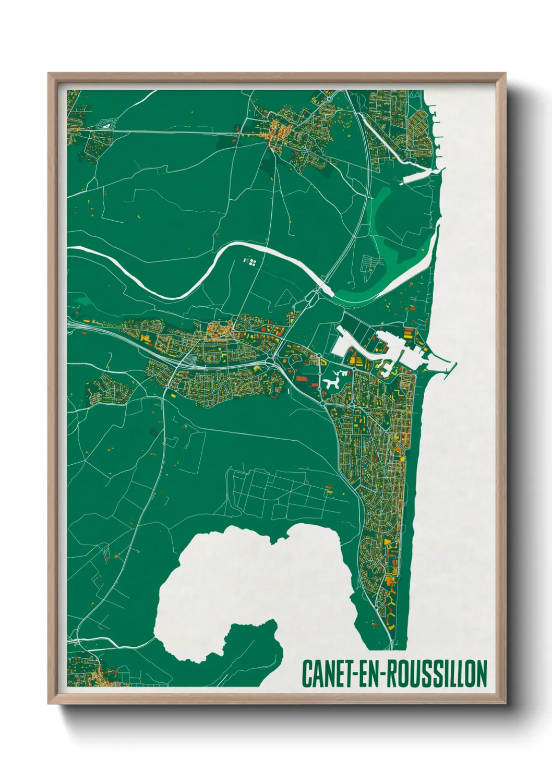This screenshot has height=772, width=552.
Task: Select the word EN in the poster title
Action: coord(370,674)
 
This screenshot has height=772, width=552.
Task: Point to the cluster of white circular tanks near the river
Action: coord(251,261)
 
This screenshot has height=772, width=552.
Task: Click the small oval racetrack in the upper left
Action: coord(106,125)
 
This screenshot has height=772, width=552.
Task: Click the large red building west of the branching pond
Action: coord(301,377)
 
